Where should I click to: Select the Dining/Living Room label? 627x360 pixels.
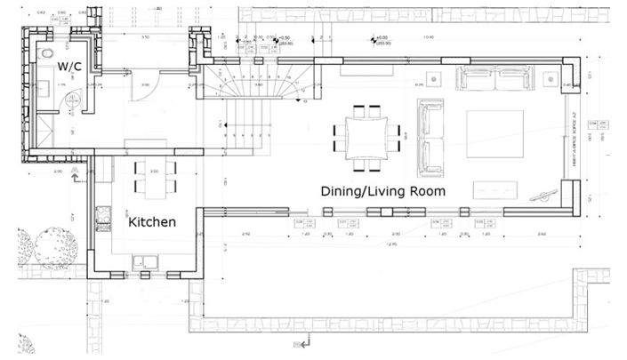(382, 191)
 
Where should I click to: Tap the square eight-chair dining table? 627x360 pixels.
(366, 137)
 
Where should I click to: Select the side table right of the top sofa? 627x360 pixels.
(554, 78)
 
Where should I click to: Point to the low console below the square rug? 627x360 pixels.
(494, 189)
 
